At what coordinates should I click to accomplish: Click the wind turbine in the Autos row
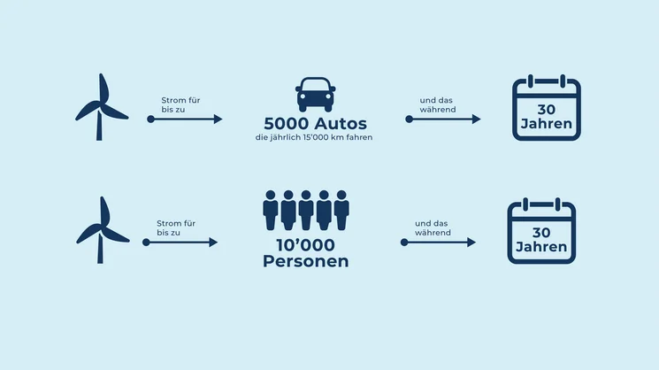[x=100, y=106]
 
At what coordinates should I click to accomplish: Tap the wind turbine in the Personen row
[x=100, y=228]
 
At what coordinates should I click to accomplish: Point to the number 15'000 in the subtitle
[x=316, y=138]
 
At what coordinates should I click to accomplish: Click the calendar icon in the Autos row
[x=547, y=110]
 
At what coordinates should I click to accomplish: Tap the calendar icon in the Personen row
[x=541, y=232]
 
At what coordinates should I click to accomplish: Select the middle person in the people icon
[x=306, y=210]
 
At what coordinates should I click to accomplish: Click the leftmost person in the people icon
[x=271, y=210]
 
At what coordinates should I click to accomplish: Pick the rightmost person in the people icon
[x=341, y=210]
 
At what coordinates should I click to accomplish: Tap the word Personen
[x=306, y=261]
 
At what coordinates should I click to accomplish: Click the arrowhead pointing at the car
[x=218, y=119]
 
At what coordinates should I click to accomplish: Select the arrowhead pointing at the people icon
[x=213, y=242]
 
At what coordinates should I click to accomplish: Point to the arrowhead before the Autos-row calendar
[x=476, y=119]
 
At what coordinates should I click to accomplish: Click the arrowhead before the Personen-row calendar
[x=471, y=242]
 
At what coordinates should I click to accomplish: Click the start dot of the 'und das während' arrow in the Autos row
[x=409, y=119]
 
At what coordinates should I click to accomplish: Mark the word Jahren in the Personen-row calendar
[x=541, y=247]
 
